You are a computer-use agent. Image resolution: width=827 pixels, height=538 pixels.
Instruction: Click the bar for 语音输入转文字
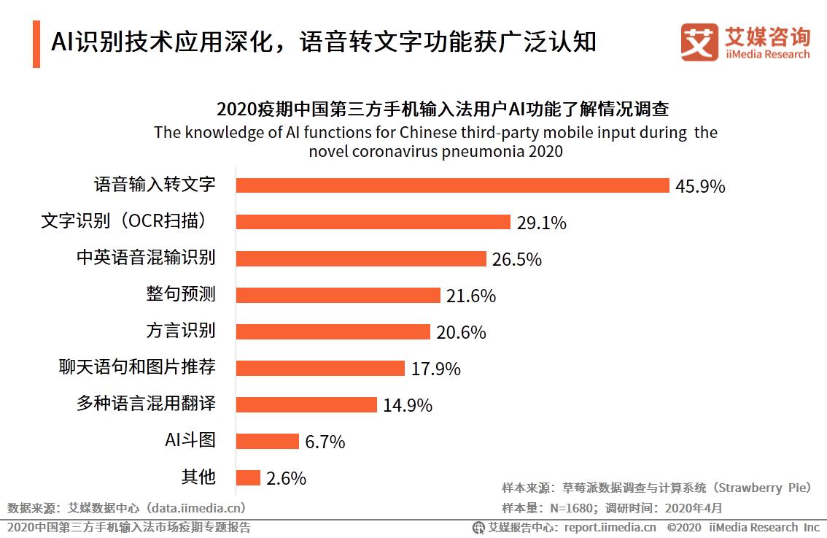(453, 185)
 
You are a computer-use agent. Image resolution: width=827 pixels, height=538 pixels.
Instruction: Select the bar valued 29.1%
(373, 222)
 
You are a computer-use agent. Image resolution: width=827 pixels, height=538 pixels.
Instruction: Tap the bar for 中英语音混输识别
(362, 258)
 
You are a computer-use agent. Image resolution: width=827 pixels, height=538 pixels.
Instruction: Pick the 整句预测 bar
(339, 295)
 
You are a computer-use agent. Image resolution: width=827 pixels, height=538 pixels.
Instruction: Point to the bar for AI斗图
(268, 441)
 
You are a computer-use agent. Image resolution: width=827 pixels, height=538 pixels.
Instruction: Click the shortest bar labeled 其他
(249, 477)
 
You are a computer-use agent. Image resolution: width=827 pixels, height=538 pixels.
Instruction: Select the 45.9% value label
(700, 187)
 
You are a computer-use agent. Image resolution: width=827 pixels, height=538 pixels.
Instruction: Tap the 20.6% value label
(461, 333)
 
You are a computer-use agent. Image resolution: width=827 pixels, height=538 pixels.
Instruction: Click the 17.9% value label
(435, 369)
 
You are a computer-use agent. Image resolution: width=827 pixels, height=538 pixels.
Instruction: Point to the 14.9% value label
(408, 406)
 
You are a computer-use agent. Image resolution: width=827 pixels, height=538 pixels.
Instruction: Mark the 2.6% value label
(286, 479)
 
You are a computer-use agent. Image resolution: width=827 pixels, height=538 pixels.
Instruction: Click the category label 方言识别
(181, 330)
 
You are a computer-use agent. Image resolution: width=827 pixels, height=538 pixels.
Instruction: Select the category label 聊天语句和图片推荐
(137, 366)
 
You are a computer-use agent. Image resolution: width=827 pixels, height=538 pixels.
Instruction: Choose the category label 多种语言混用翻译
(146, 403)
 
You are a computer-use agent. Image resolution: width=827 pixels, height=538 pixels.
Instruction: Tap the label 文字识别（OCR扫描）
(128, 220)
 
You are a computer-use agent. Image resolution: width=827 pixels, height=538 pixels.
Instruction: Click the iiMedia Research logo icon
(699, 43)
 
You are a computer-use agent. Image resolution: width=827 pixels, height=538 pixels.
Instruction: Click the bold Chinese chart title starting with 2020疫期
(443, 109)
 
